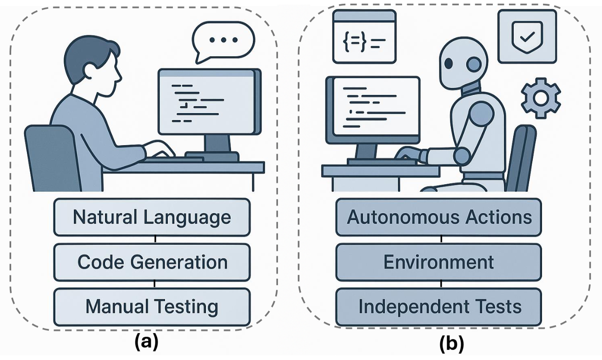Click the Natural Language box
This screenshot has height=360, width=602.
152,217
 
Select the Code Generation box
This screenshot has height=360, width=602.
152,262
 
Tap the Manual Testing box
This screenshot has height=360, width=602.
152,307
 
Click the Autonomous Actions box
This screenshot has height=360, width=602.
439,217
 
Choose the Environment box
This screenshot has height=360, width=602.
439,262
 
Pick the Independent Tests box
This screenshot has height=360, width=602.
439,307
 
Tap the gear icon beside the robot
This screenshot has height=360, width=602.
541,97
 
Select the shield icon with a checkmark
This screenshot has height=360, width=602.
527,36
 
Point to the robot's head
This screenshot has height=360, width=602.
463,62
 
